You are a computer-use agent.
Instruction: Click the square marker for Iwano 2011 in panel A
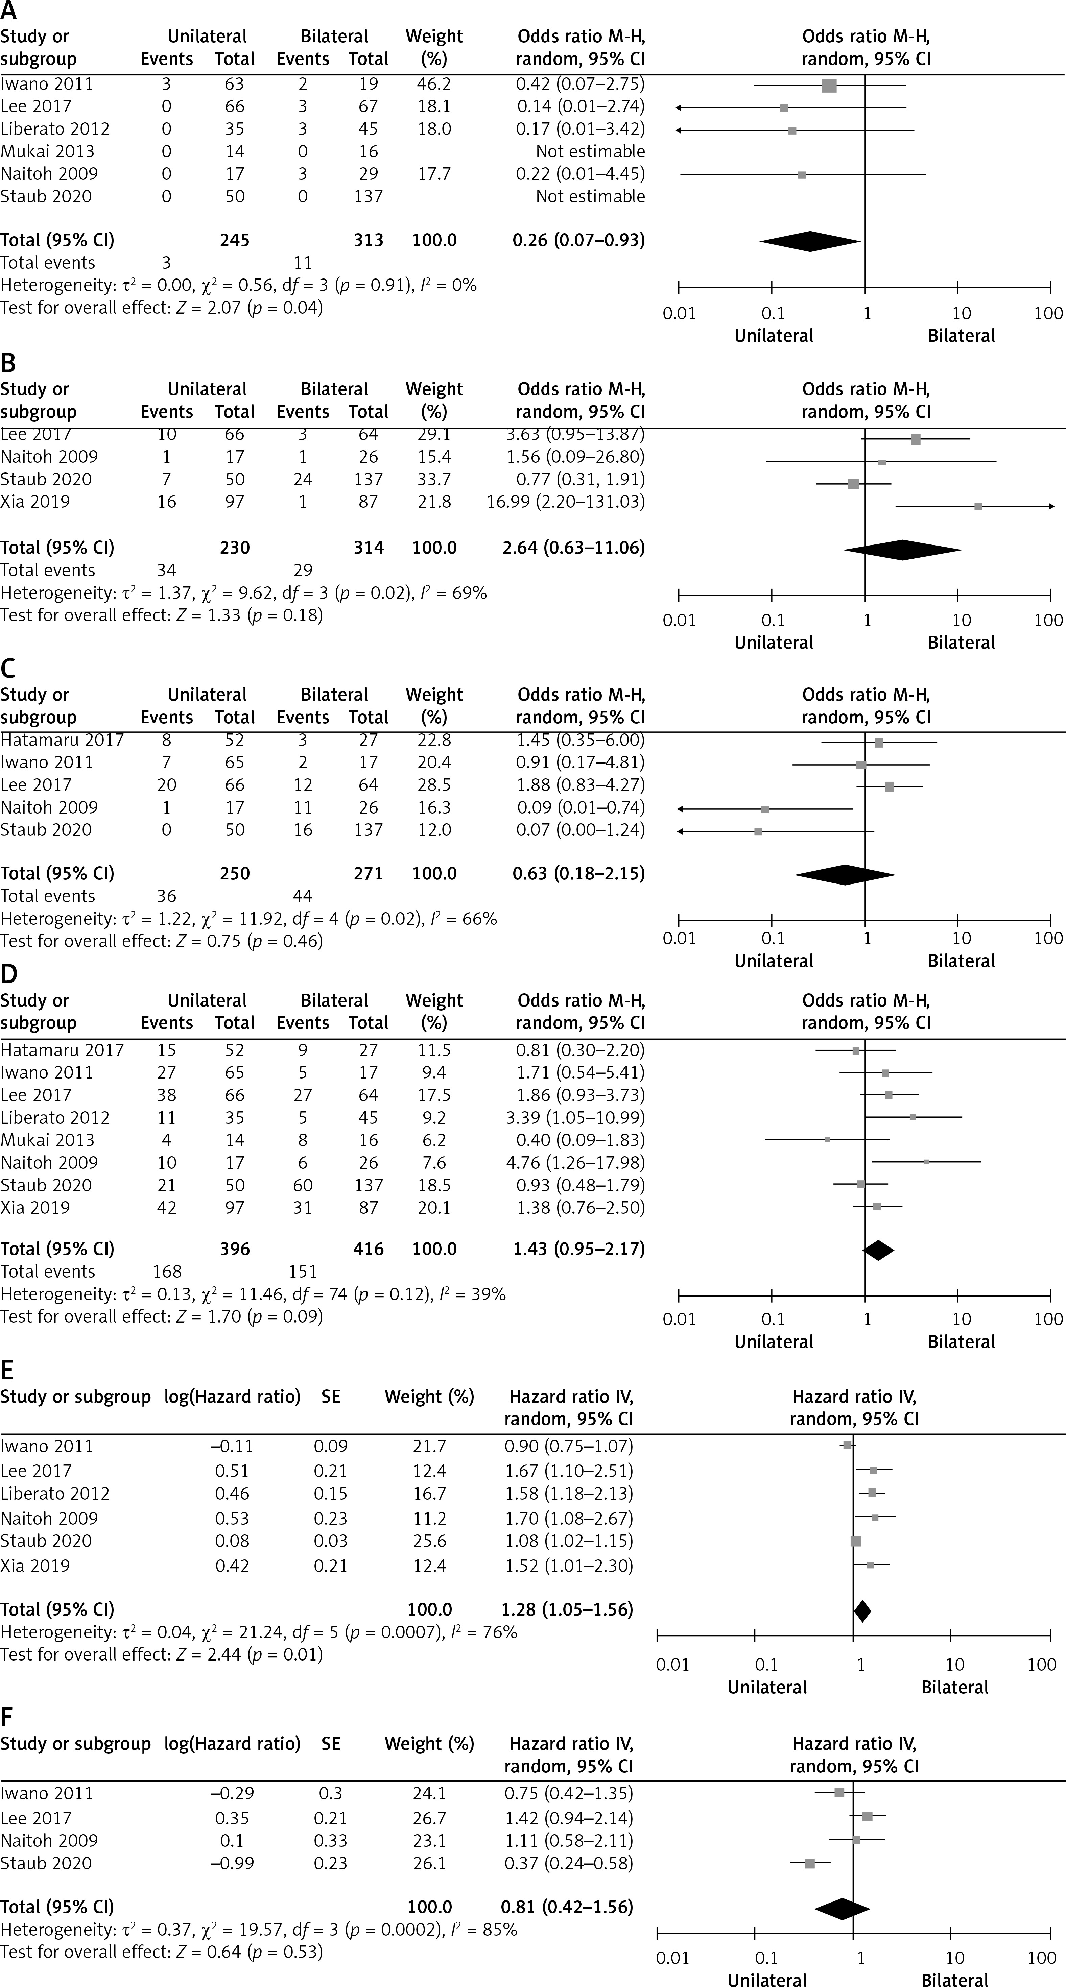tap(829, 85)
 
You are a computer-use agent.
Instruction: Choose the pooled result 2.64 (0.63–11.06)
tap(578, 548)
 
